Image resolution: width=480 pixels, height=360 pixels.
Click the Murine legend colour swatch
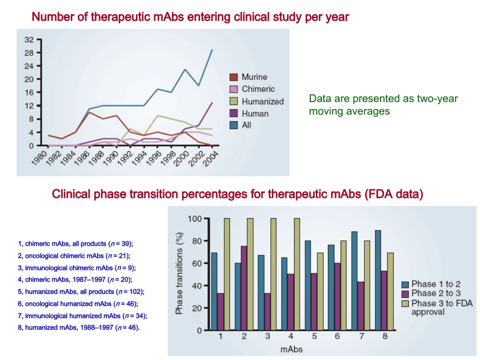(233, 77)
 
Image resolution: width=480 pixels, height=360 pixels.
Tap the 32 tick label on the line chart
(29, 40)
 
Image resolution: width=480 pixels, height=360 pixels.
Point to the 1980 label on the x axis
(40, 158)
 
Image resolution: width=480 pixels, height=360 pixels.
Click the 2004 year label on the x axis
(211, 158)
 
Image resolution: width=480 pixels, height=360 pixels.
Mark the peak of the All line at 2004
(212, 49)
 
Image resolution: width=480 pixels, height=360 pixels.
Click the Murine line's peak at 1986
(89, 112)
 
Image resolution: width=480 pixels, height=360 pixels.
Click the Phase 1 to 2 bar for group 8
(378, 280)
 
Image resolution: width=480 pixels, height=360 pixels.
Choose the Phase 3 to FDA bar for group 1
(227, 274)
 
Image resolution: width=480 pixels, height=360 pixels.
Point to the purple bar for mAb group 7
(361, 306)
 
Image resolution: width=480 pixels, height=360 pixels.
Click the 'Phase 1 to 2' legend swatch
(405, 284)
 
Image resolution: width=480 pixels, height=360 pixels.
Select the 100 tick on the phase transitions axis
(195, 219)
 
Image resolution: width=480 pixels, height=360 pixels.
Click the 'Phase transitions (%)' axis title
(179, 273)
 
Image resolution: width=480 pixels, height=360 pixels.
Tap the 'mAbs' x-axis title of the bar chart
(292, 349)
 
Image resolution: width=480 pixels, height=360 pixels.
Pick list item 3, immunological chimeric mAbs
(77, 268)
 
